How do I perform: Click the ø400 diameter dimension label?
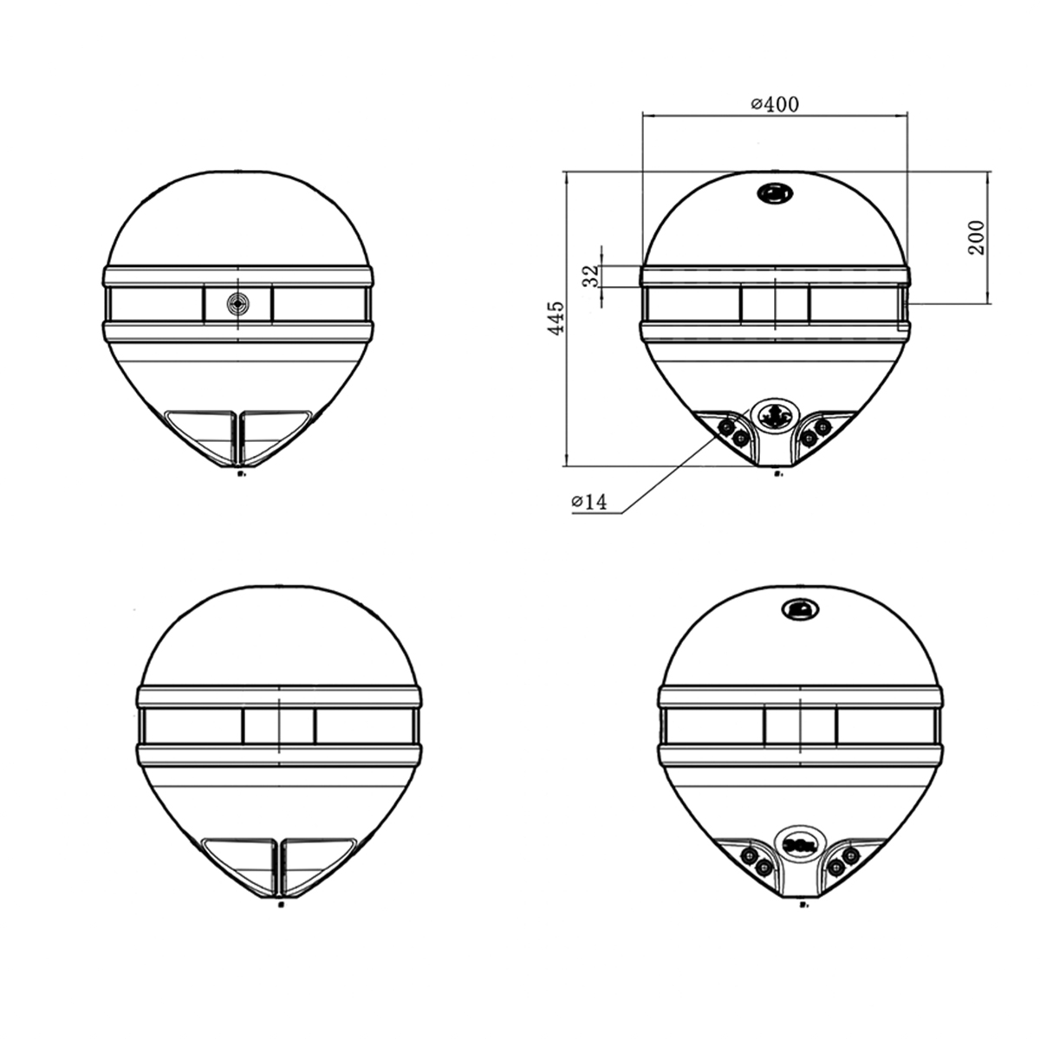(774, 105)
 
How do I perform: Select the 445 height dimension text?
(557, 318)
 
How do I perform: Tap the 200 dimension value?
(977, 237)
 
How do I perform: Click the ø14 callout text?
(588, 502)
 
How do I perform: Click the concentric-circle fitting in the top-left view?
(237, 303)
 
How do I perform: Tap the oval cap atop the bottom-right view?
(800, 610)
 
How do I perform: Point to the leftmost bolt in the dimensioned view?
(726, 426)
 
